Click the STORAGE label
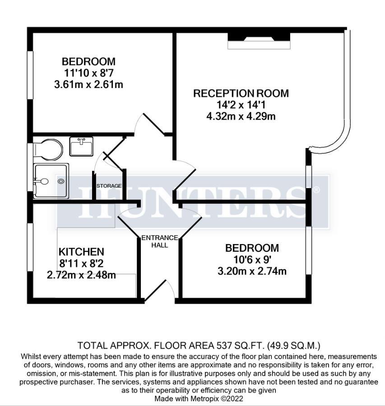(109, 186)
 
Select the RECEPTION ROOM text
(241, 93)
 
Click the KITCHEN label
(81, 252)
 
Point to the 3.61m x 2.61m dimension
(88, 84)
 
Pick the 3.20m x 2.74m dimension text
(252, 271)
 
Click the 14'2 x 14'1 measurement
(240, 105)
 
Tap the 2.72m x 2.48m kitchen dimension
(81, 274)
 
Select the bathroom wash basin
(82, 147)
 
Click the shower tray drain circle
(61, 181)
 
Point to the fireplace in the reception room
(259, 41)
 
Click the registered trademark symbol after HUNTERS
(316, 190)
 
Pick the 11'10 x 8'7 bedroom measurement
(88, 73)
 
